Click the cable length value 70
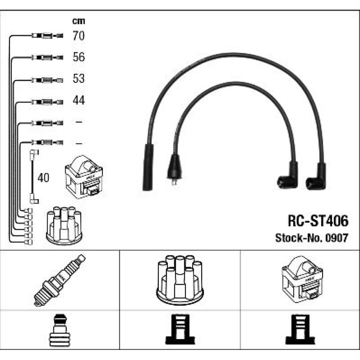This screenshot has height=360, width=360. coord(78,36)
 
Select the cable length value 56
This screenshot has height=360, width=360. coord(78,57)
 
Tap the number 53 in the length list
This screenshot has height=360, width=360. coord(78,78)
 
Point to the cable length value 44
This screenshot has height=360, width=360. coord(78,100)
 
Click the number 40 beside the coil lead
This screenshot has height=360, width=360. coord(44,178)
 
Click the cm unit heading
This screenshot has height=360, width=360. coord(78,21)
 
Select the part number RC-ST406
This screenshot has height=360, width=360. coord(318,221)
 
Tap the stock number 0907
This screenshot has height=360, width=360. coord(337,238)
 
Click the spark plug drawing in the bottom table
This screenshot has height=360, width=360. coord(60,280)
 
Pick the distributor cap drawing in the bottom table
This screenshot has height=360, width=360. coord(180,280)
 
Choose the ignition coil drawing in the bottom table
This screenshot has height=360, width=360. coord(302,279)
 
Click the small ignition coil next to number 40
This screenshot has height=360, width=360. coord(84,176)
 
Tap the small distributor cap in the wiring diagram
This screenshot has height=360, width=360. coord(64,225)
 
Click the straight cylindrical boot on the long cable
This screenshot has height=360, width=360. coord(148,167)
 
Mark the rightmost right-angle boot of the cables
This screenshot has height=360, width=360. coord(316,176)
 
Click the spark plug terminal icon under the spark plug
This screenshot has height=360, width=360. coord(59,330)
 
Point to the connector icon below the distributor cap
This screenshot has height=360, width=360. coord(180,329)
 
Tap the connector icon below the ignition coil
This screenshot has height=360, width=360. coord(300,329)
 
